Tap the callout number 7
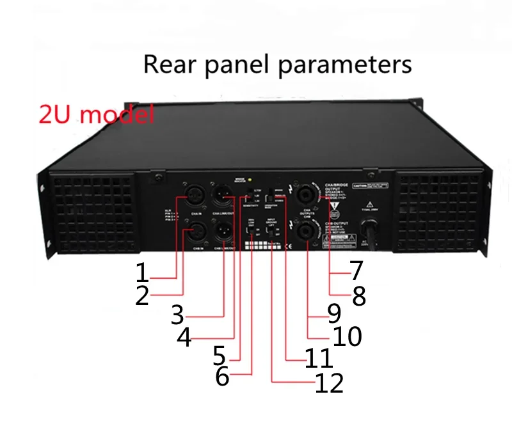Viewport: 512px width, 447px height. click(x=356, y=272)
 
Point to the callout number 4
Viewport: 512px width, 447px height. click(x=184, y=337)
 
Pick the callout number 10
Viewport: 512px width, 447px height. click(x=346, y=336)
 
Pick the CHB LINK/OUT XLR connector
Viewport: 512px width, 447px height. click(x=224, y=229)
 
